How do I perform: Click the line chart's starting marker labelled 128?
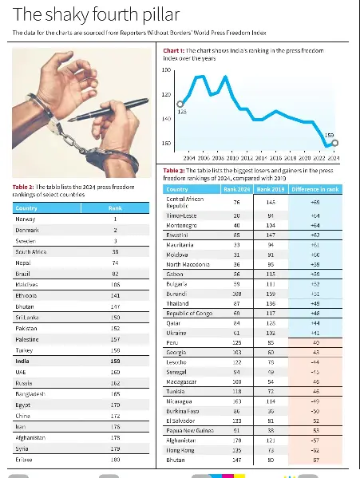click(x=180, y=104)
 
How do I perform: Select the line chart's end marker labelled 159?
click(x=335, y=143)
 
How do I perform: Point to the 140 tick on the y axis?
click(x=166, y=119)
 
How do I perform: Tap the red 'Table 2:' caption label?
click(x=24, y=187)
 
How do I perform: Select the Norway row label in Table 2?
click(x=26, y=219)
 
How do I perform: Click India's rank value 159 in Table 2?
click(x=114, y=361)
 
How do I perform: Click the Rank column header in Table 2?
click(x=114, y=207)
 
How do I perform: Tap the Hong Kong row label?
click(x=180, y=449)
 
